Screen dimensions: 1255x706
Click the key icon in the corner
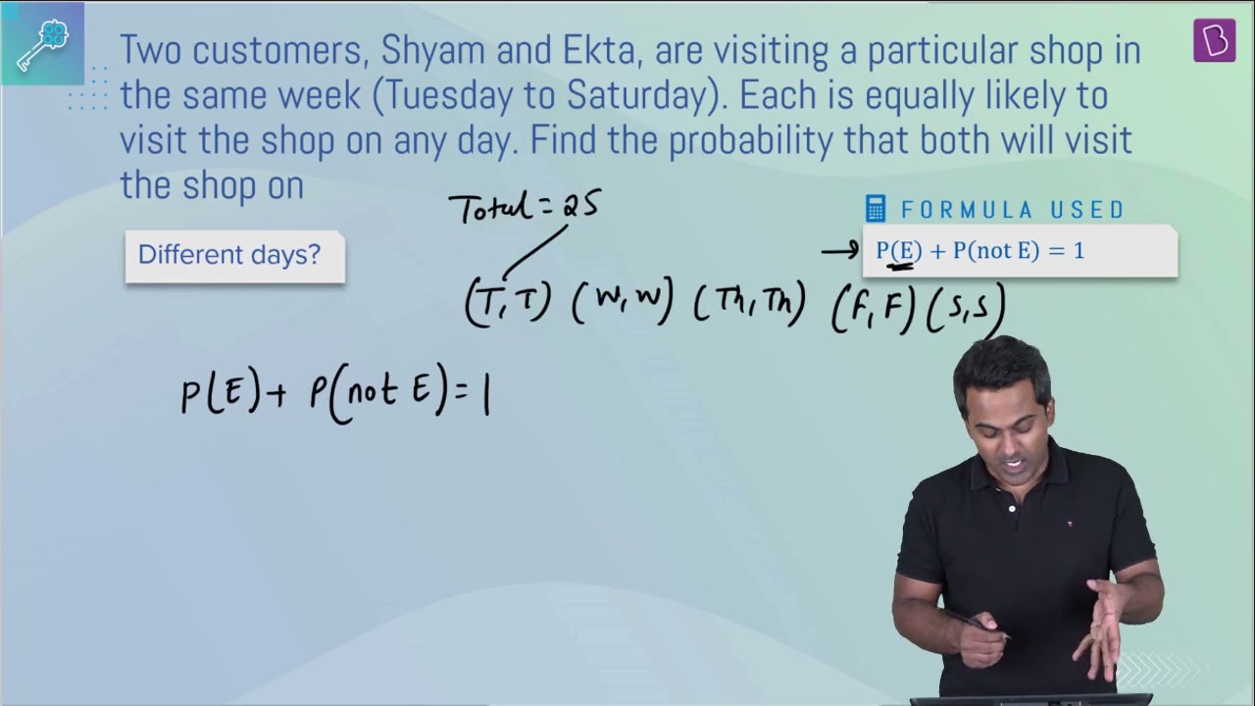(x=42, y=45)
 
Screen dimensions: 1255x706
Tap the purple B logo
(x=1214, y=40)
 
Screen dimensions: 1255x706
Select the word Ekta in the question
(x=598, y=50)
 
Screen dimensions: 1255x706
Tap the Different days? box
(x=234, y=256)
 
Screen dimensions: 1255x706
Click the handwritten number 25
(x=581, y=205)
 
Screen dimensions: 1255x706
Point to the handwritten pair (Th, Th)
(x=750, y=303)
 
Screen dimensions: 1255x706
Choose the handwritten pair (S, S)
(x=966, y=309)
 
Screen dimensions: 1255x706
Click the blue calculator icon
(x=876, y=209)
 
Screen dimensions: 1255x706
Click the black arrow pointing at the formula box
(x=840, y=250)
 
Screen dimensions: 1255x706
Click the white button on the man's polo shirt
(x=1012, y=509)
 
